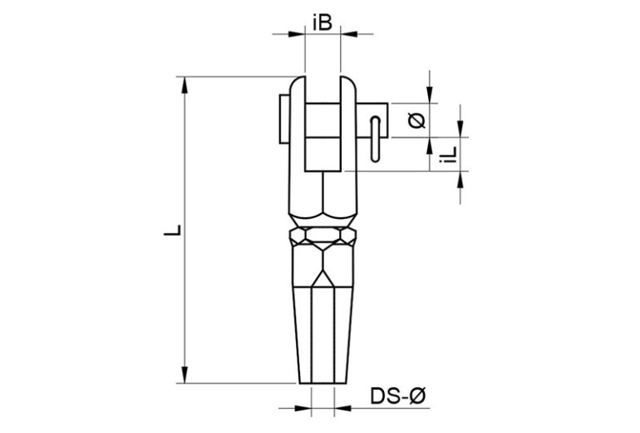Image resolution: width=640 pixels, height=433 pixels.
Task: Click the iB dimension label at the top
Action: pyautogui.click(x=323, y=22)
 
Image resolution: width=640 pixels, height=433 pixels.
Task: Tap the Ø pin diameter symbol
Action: pyautogui.click(x=418, y=122)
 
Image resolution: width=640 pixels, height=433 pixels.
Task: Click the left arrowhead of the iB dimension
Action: pyautogui.click(x=298, y=34)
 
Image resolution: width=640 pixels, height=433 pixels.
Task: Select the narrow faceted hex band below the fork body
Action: pyautogui.click(x=324, y=238)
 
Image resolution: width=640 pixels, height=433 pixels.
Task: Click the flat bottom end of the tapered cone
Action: pyautogui.click(x=323, y=384)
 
